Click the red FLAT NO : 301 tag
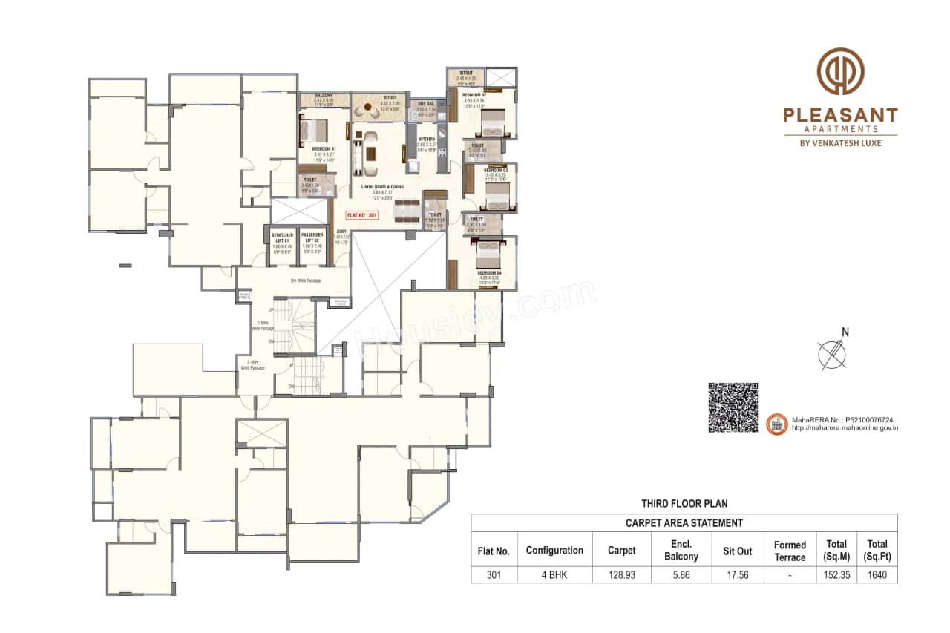click(362, 215)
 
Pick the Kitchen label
click(426, 139)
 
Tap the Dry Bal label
click(426, 104)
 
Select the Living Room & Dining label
click(383, 187)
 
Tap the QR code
click(733, 407)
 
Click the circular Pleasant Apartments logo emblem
click(840, 72)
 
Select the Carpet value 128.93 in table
click(621, 574)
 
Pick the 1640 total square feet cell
click(877, 574)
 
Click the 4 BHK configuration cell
click(554, 574)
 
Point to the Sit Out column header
click(737, 551)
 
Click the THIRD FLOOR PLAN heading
click(684, 504)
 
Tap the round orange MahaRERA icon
click(776, 424)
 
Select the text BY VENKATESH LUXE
click(840, 142)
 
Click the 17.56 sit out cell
click(737, 574)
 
